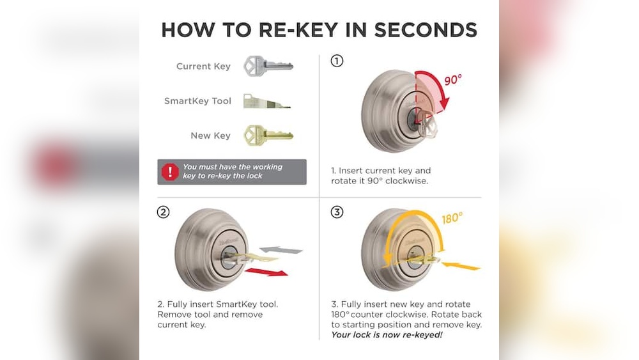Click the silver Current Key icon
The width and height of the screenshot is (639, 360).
[267, 66]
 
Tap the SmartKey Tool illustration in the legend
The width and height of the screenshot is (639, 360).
[266, 101]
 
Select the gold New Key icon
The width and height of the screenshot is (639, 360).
[267, 135]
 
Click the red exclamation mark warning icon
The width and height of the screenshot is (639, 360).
[170, 171]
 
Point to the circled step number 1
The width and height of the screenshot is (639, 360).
[337, 61]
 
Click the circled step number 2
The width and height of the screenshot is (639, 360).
[164, 212]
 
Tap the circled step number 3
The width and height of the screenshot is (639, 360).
[337, 212]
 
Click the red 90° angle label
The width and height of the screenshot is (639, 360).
[452, 81]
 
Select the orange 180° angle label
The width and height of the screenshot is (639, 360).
[451, 219]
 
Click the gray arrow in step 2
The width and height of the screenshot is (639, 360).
[281, 249]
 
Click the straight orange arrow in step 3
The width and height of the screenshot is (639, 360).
[460, 265]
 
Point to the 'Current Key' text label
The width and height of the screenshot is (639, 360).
[203, 67]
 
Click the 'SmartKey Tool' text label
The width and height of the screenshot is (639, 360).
[197, 101]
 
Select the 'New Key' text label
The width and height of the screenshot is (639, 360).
[210, 136]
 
